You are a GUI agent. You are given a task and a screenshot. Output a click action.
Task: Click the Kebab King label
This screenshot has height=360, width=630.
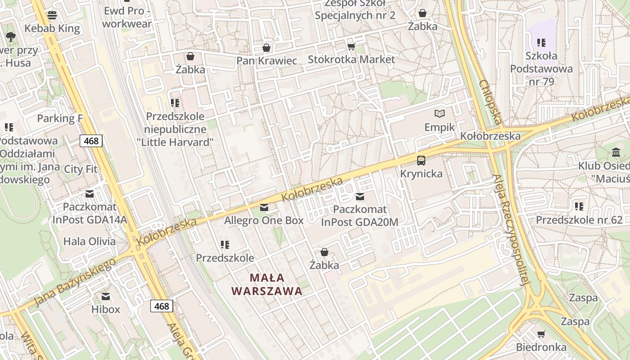point(52,29)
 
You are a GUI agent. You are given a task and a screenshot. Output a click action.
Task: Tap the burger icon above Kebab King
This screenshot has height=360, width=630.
point(52,15)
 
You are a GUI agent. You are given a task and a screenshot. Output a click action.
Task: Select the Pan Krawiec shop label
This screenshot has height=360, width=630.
point(267,61)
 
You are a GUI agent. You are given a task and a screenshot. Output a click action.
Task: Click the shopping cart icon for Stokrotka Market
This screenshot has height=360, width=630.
point(351,46)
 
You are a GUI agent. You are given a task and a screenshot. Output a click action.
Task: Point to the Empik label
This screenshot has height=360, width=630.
point(440,127)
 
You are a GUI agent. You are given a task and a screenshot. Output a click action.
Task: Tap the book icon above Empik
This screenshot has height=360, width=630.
point(440,114)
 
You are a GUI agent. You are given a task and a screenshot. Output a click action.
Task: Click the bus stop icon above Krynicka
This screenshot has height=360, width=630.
point(421,160)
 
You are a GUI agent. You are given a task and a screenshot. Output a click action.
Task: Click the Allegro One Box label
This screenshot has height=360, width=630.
point(264,220)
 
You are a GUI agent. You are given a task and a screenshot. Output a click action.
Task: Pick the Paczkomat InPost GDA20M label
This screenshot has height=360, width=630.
point(360,216)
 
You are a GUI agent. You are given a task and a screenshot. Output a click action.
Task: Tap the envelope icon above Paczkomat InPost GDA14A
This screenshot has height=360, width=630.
point(90,194)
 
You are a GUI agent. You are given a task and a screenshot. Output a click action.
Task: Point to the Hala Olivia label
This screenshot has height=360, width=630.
point(90,241)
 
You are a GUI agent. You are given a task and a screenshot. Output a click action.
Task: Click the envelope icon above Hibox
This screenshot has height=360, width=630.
point(106,296)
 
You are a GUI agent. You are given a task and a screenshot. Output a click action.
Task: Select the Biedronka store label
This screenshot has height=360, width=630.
point(541,347)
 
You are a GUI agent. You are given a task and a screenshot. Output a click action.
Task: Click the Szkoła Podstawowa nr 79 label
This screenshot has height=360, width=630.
point(541,69)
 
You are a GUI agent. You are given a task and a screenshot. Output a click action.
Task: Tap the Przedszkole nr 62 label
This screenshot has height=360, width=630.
point(579,220)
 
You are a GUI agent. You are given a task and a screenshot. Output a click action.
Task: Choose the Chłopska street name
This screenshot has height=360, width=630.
point(490,102)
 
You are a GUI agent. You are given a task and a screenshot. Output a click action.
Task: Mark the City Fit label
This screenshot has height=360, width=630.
point(81,169)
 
